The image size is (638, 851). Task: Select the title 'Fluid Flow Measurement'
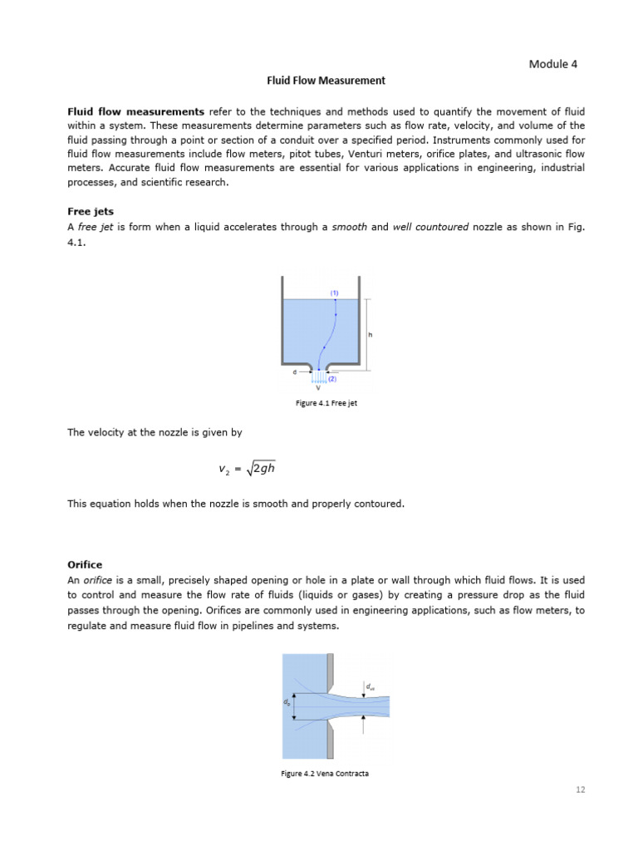pyautogui.click(x=326, y=81)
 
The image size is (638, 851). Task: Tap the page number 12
pyautogui.click(x=580, y=790)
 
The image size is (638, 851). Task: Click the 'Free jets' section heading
pyautogui.click(x=91, y=212)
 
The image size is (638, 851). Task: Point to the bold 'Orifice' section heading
pyautogui.click(x=85, y=563)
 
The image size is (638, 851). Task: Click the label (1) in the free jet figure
pyautogui.click(x=335, y=293)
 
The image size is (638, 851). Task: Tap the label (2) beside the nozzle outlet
pyautogui.click(x=332, y=379)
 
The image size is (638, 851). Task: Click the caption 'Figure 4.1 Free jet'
pyautogui.click(x=326, y=403)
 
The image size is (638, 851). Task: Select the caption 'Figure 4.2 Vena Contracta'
pyautogui.click(x=324, y=773)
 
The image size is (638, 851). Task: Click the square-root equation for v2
pyautogui.click(x=247, y=469)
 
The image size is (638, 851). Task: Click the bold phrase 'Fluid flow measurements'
pyautogui.click(x=135, y=111)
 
